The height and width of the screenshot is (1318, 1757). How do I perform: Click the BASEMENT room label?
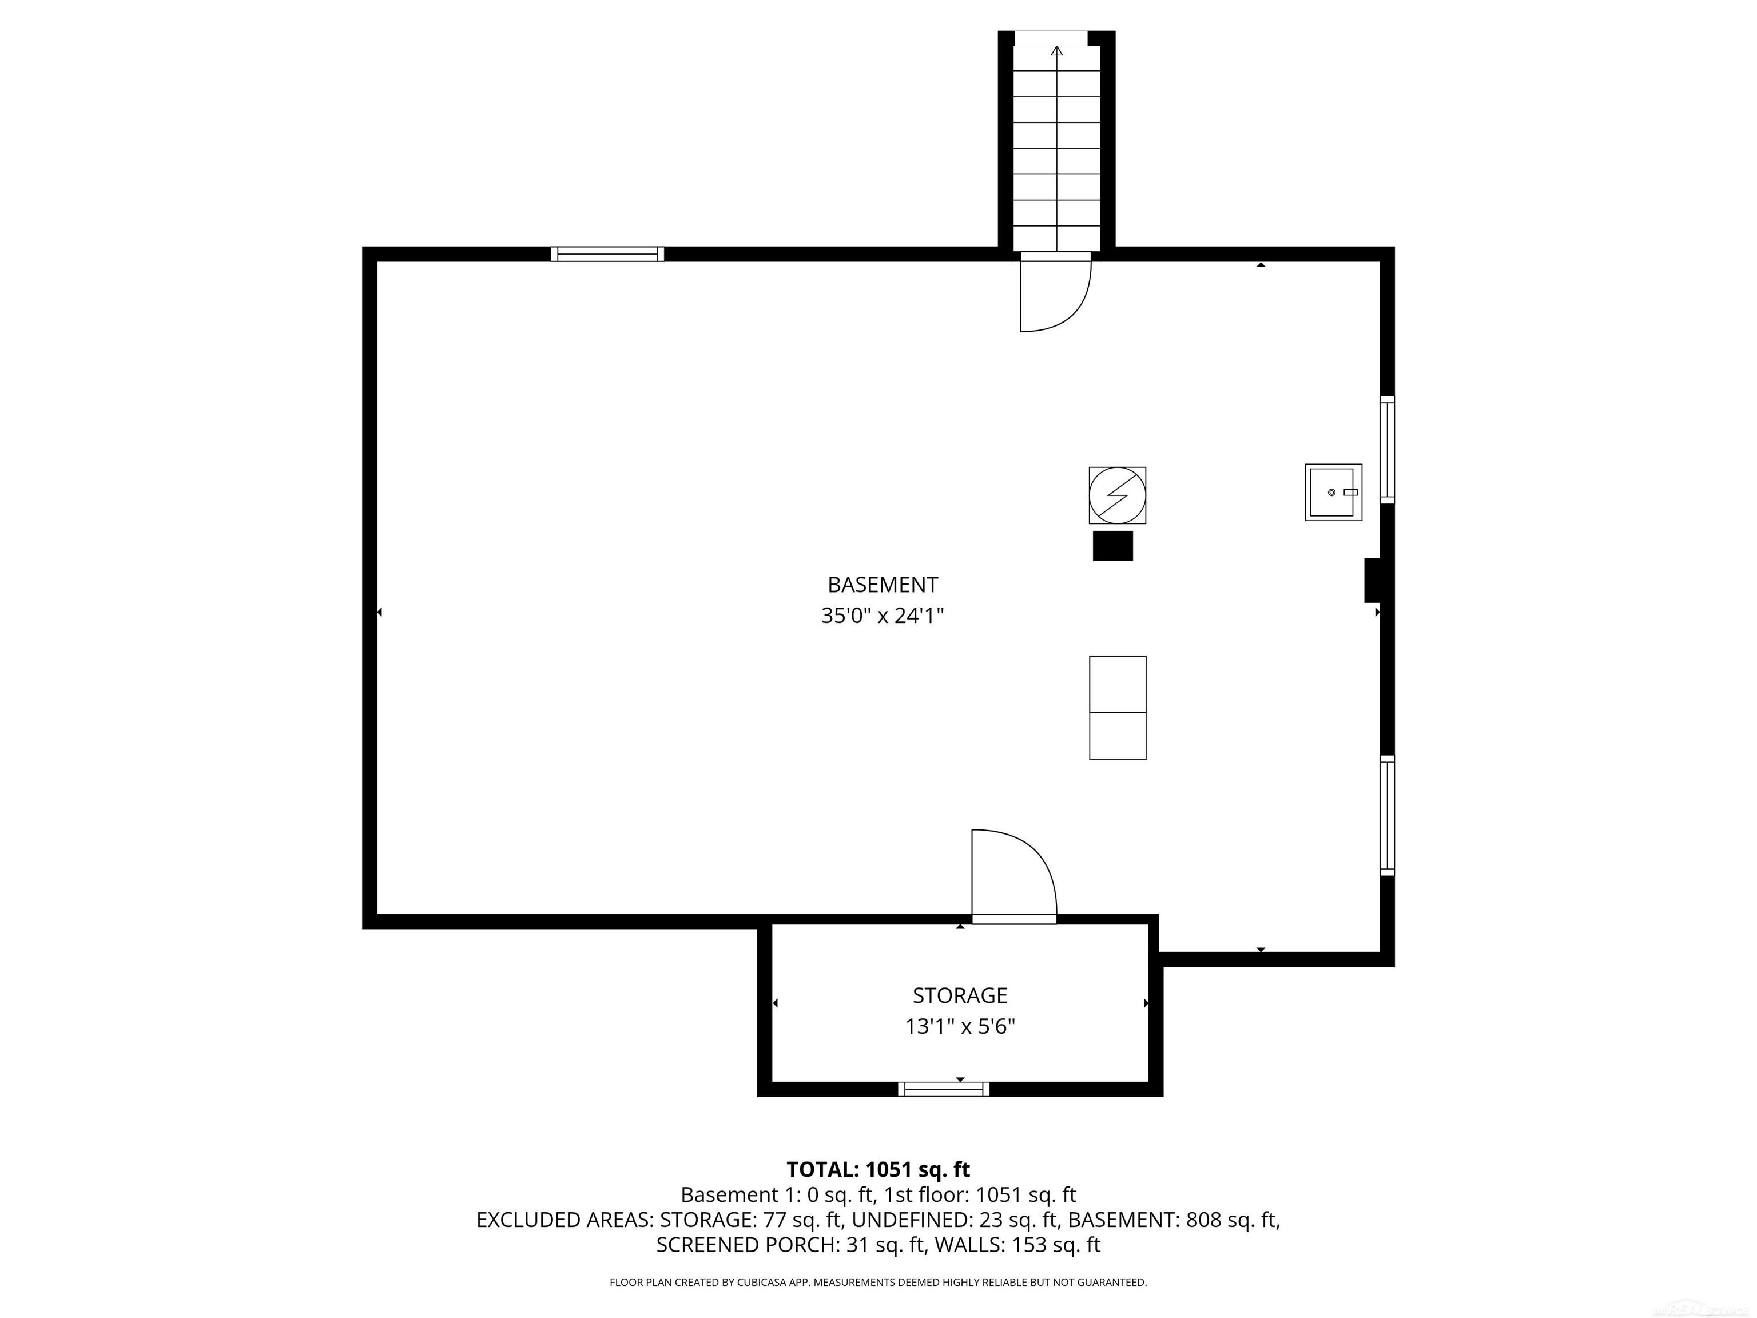pyautogui.click(x=883, y=585)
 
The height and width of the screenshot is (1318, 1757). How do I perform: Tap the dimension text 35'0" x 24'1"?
pyautogui.click(x=883, y=616)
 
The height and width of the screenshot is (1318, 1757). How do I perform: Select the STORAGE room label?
pyautogui.click(x=960, y=995)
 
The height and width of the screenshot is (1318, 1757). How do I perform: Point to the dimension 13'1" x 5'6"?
pyautogui.click(x=960, y=1026)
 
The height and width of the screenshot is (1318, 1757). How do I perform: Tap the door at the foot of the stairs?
pyautogui.click(x=1055, y=294)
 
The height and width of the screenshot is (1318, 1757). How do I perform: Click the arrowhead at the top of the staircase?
pyautogui.click(x=1056, y=51)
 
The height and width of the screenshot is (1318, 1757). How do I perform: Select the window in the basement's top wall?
pyautogui.click(x=607, y=254)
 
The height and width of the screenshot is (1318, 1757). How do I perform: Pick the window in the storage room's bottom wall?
pyautogui.click(x=944, y=1089)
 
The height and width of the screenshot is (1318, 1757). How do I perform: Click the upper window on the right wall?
pyautogui.click(x=1387, y=450)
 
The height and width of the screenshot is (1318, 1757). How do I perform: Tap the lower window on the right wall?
pyautogui.click(x=1387, y=816)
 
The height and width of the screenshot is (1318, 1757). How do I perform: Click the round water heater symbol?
pyautogui.click(x=1117, y=495)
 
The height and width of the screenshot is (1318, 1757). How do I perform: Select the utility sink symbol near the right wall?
pyautogui.click(x=1333, y=493)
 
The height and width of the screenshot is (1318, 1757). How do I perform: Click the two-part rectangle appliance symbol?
pyautogui.click(x=1117, y=708)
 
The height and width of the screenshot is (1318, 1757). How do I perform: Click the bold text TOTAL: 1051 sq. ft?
pyautogui.click(x=878, y=1169)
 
